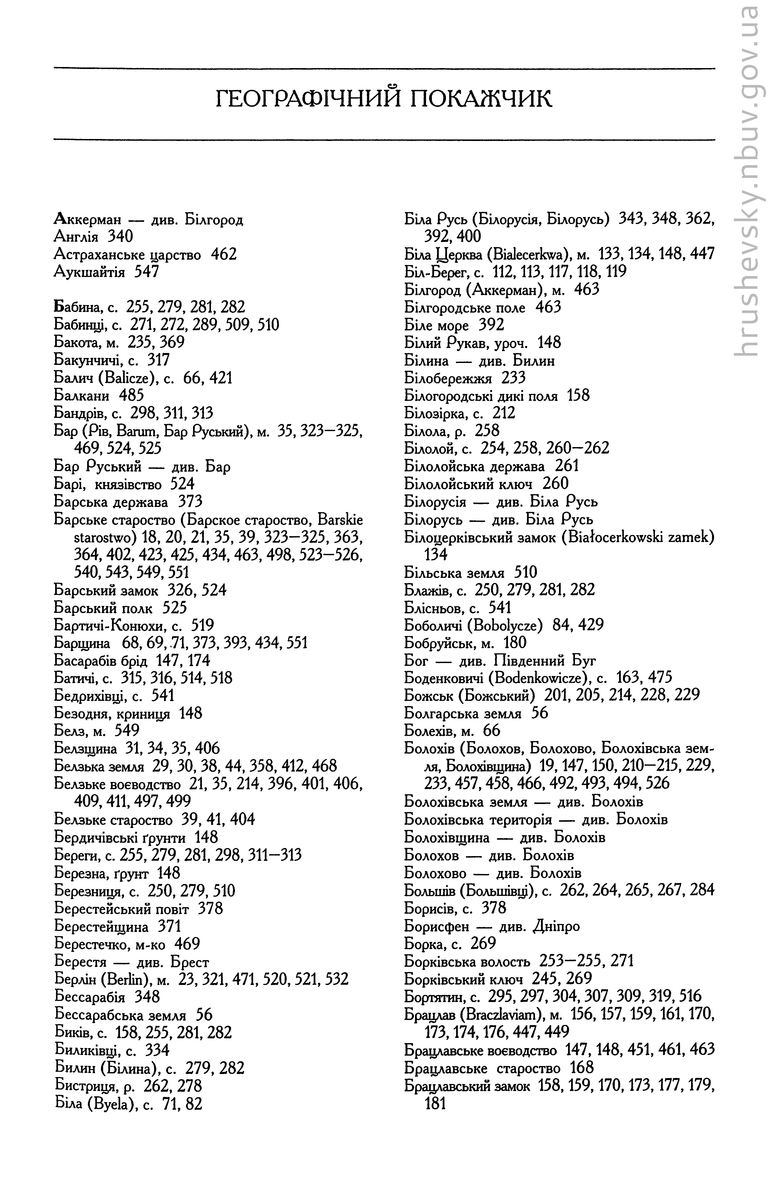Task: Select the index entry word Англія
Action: (75, 237)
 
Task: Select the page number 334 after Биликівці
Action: (157, 1050)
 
